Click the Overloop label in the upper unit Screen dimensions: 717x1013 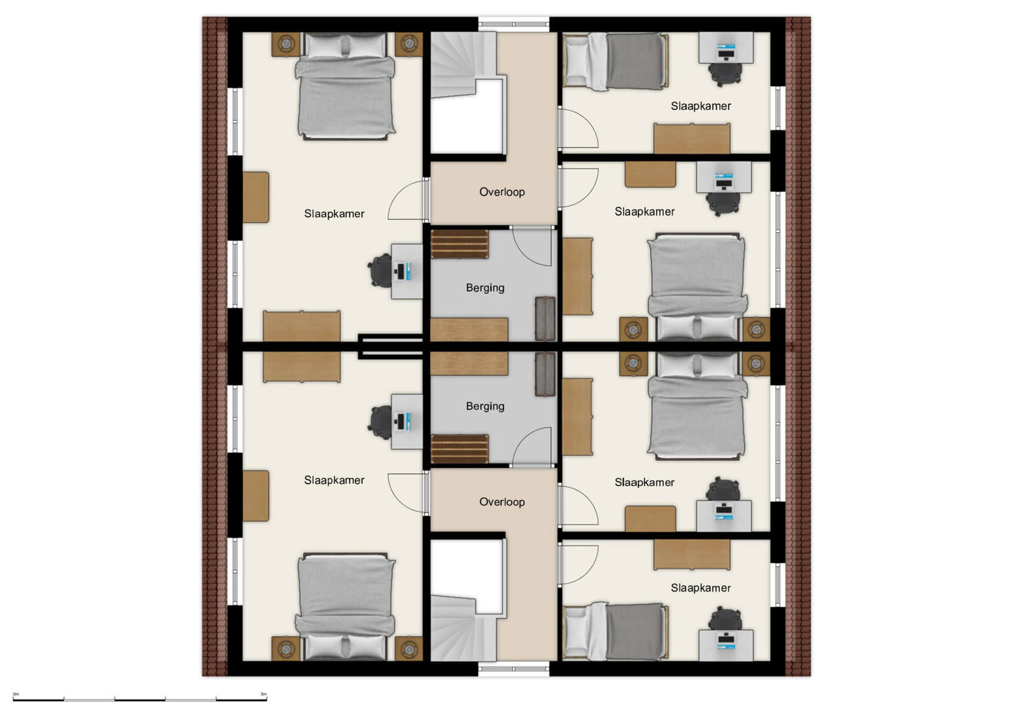tap(502, 192)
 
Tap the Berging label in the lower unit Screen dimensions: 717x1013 tap(485, 406)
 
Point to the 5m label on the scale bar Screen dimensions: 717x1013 tap(263, 694)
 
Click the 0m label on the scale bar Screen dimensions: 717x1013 tap(16, 694)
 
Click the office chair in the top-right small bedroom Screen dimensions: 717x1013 tap(725, 73)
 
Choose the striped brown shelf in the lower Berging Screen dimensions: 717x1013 tap(460, 449)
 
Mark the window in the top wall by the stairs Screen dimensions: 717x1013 tap(514, 24)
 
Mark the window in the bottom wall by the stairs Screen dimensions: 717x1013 tap(514, 670)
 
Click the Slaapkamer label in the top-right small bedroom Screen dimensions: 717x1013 tap(701, 106)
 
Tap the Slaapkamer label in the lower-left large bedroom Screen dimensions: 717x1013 tap(334, 480)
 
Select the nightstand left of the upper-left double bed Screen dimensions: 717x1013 tap(286, 44)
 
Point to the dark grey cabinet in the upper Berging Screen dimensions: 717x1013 tap(545, 318)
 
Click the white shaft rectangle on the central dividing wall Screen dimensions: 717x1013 tap(391, 347)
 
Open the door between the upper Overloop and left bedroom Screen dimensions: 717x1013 tap(426, 200)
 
